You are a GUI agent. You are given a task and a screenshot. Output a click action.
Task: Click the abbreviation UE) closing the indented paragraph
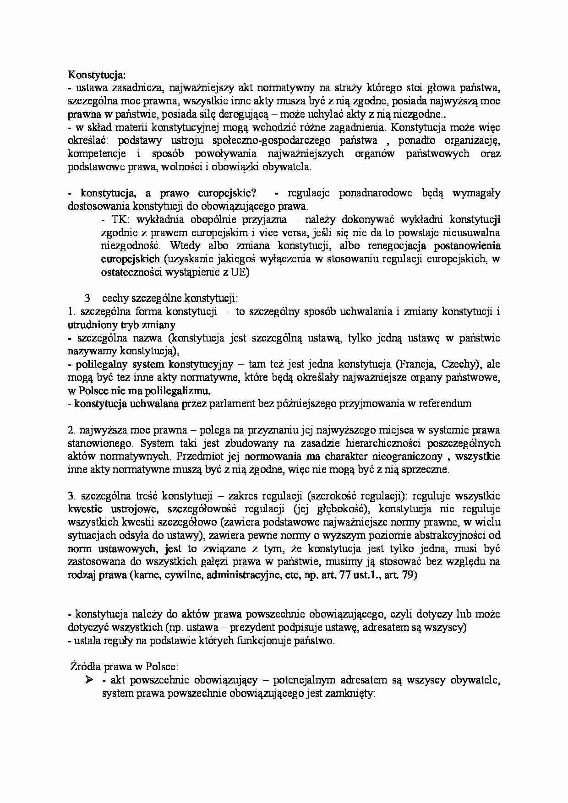pos(240,272)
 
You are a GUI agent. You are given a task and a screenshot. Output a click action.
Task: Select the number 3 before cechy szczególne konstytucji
pos(87,298)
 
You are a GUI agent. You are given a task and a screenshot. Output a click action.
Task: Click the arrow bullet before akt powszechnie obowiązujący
pos(89,680)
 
